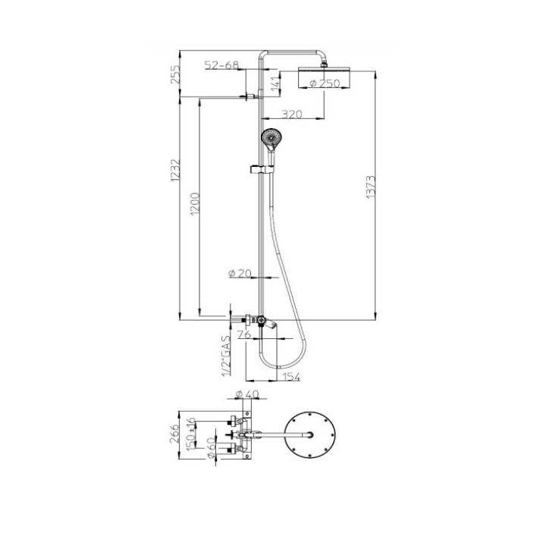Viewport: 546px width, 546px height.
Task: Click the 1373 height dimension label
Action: tap(371, 187)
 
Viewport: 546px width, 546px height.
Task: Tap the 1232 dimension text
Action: tap(175, 171)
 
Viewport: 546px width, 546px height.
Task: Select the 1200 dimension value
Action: tap(195, 204)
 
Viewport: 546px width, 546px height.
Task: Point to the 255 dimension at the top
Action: tap(175, 74)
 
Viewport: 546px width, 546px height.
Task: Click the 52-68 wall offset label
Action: tap(221, 64)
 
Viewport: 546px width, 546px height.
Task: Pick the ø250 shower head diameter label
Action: tap(325, 83)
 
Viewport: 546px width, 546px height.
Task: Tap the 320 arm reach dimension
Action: tap(292, 114)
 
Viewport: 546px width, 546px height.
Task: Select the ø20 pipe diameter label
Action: tap(240, 273)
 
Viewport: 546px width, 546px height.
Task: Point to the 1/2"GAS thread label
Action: tap(226, 356)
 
